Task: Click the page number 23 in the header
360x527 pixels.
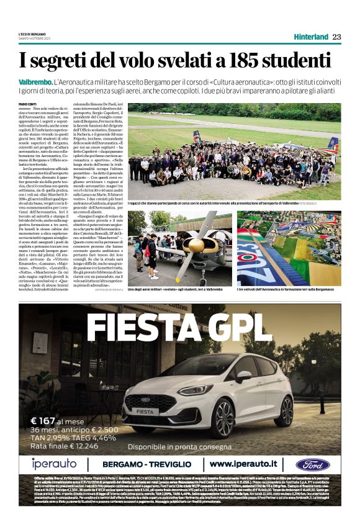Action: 336,37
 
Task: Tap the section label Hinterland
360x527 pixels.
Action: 311,37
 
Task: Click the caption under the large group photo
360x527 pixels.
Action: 223,203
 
